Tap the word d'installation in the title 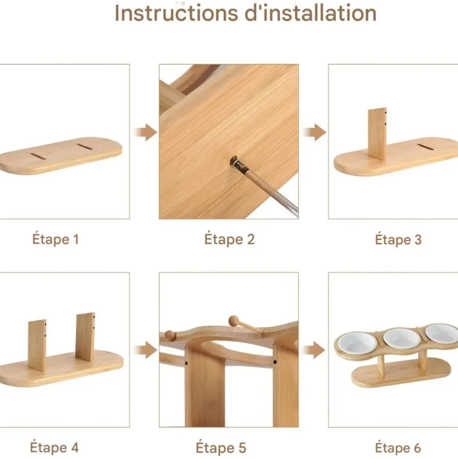(310, 13)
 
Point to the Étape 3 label (398, 240)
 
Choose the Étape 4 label (54, 447)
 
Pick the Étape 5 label (221, 448)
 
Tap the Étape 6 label (398, 448)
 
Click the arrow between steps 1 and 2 (145, 132)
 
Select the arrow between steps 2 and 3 (314, 132)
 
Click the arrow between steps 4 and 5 (145, 350)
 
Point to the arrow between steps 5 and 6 (314, 350)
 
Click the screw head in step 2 (234, 160)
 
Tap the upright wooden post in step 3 (377, 133)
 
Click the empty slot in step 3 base (425, 147)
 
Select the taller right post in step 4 (85, 338)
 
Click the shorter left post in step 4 (37, 346)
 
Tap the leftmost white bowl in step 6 (357, 343)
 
